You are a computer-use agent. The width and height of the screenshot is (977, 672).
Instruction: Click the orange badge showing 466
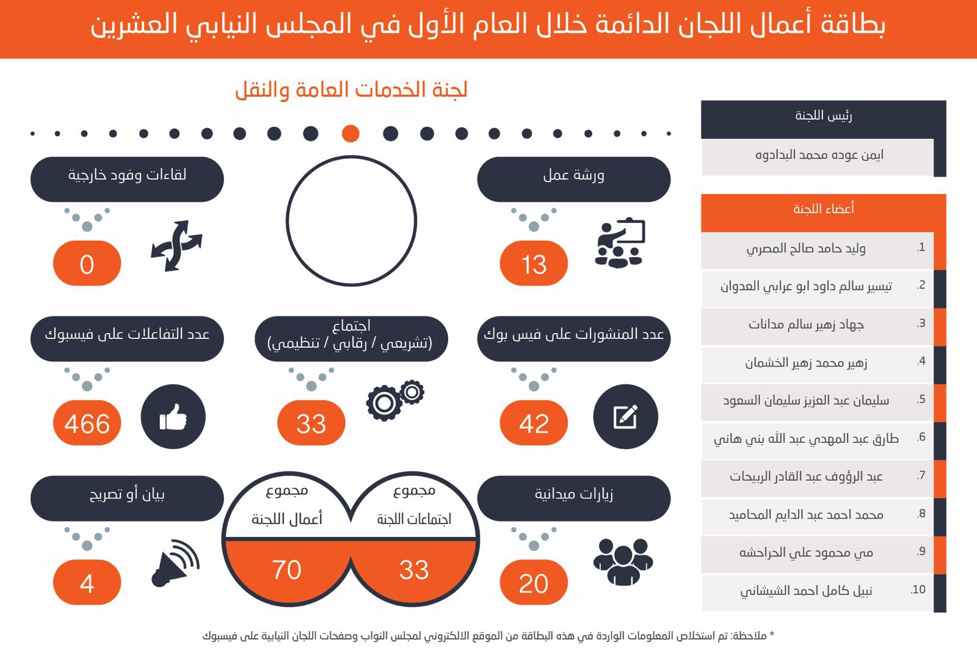pyautogui.click(x=87, y=423)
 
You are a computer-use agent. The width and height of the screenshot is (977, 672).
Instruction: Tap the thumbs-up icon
pyautogui.click(x=173, y=417)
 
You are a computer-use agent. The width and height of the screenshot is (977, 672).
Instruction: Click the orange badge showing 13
pyautogui.click(x=534, y=263)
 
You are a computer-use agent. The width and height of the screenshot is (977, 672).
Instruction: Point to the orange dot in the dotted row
pyautogui.click(x=350, y=133)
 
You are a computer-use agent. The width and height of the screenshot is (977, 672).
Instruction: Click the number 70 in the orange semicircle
pyautogui.click(x=286, y=569)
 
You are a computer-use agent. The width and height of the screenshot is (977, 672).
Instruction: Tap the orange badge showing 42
pyautogui.click(x=534, y=423)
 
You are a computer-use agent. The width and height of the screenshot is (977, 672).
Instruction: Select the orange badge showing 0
pyautogui.click(x=87, y=263)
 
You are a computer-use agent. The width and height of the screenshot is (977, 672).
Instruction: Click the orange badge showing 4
pyautogui.click(x=87, y=583)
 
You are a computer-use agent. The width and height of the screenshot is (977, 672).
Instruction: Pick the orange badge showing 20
pyautogui.click(x=534, y=583)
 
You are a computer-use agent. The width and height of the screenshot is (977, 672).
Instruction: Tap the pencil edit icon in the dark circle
pyautogui.click(x=625, y=417)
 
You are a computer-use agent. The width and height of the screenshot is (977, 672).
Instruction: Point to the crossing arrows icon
pyautogui.click(x=176, y=246)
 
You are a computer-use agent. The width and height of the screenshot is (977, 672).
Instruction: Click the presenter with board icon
pyautogui.click(x=619, y=243)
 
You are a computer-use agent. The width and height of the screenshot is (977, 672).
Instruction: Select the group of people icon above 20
pyautogui.click(x=623, y=561)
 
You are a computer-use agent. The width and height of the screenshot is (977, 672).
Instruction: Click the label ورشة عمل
pyautogui.click(x=573, y=176)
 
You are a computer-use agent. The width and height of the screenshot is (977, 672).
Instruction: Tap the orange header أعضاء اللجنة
pyautogui.click(x=823, y=210)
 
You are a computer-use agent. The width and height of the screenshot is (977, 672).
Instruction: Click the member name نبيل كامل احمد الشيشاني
pyautogui.click(x=806, y=591)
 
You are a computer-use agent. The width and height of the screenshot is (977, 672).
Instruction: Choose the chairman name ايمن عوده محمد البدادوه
pyautogui.click(x=819, y=155)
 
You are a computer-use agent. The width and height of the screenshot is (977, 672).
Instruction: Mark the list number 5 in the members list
pyautogui.click(x=921, y=400)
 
